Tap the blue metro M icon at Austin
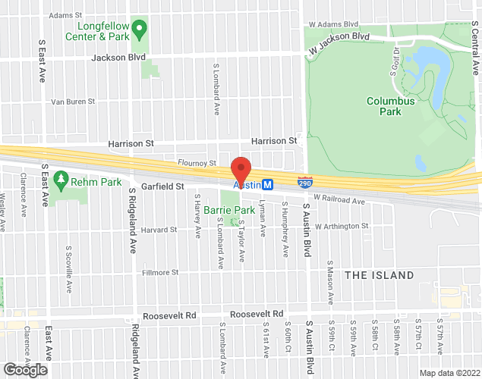[267, 185]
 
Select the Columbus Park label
[390, 105]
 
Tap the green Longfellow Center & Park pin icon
[138, 30]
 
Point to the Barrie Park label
[228, 210]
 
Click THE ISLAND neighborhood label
[380, 275]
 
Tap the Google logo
[24, 370]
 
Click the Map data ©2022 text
[449, 372]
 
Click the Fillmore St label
[159, 272]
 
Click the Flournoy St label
[197, 162]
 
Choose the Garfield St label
[163, 186]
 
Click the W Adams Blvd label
[332, 24]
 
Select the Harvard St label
[158, 229]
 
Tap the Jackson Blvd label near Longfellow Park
[118, 57]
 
